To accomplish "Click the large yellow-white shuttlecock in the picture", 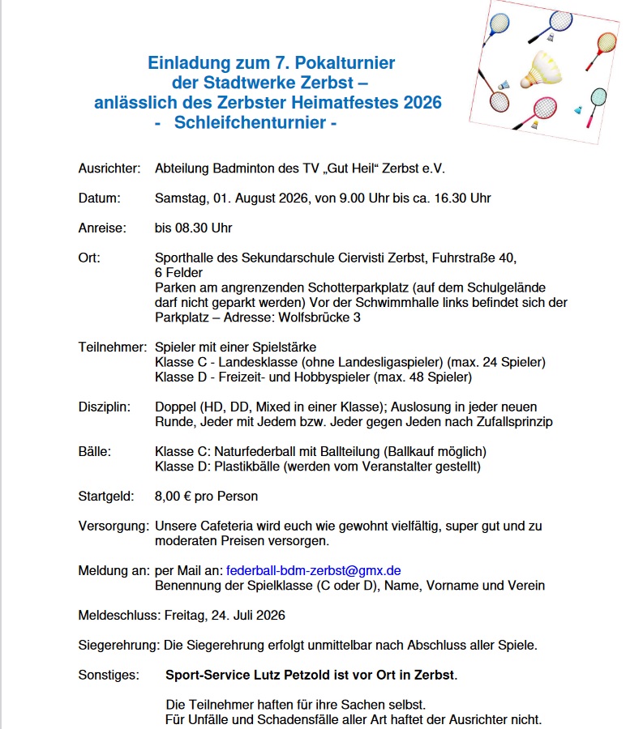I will point(540,72).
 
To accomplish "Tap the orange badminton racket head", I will point(606,42).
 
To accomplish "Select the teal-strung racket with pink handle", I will point(598,98).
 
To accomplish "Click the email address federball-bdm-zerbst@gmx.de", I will point(314,570).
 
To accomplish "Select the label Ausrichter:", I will point(109,168).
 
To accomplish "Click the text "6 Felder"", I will point(180,273).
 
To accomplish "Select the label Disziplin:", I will point(105,407).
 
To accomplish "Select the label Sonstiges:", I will point(108,674).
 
